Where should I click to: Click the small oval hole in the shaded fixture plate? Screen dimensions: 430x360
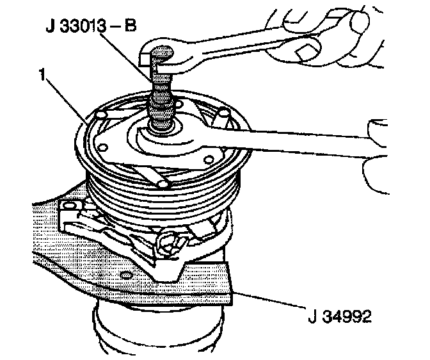coord(131,272)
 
